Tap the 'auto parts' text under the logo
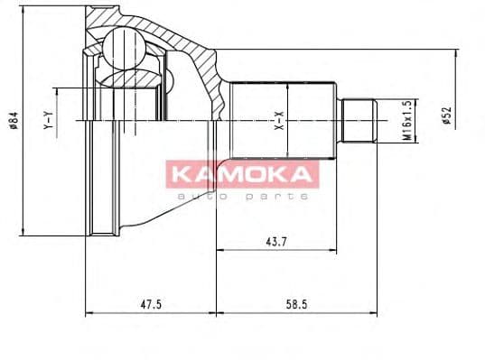242,195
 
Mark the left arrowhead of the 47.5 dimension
88,314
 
